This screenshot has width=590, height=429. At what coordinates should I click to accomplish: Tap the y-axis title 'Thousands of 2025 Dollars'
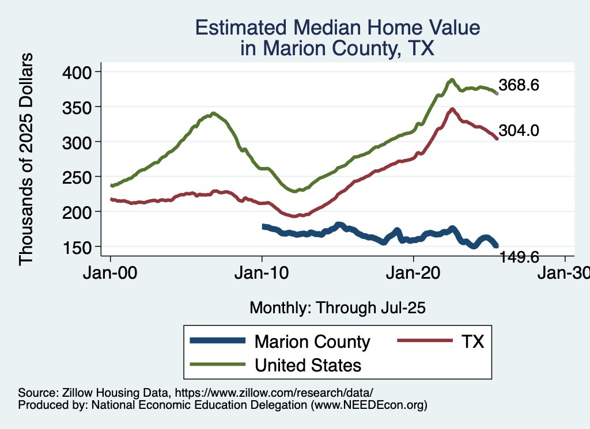click(27, 159)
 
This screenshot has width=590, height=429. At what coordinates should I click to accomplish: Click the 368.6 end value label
click(519, 86)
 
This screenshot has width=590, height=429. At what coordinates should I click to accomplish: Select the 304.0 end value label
click(519, 131)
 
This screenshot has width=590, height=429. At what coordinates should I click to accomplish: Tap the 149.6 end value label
click(519, 257)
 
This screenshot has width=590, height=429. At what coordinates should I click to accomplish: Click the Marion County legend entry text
click(312, 341)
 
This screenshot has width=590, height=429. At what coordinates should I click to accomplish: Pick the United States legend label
click(308, 365)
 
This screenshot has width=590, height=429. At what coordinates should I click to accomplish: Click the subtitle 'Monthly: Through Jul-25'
click(337, 308)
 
